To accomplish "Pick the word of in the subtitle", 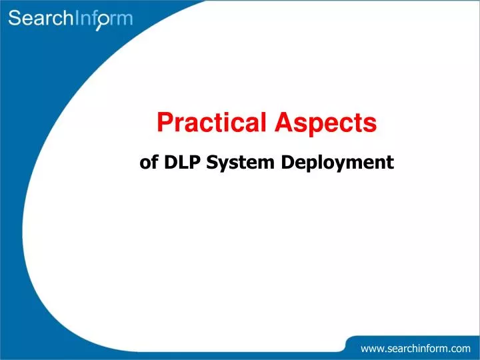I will pyautogui.click(x=149, y=162).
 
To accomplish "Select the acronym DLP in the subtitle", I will pyautogui.click(x=183, y=162).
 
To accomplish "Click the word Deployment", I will pyautogui.click(x=337, y=163).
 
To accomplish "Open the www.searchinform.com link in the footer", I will pyautogui.click(x=415, y=348).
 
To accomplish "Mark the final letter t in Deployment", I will pyautogui.click(x=391, y=163).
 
